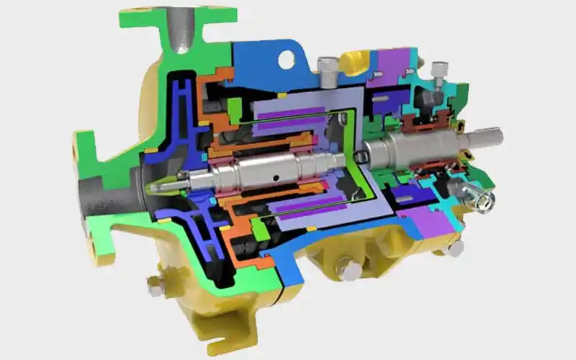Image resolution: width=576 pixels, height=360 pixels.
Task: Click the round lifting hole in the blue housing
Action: (286, 59)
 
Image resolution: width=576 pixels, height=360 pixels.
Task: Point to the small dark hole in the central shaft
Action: (274, 173)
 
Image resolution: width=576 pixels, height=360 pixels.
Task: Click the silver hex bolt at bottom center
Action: (350, 271)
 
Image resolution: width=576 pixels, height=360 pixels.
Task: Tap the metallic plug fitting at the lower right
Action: (475, 194)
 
